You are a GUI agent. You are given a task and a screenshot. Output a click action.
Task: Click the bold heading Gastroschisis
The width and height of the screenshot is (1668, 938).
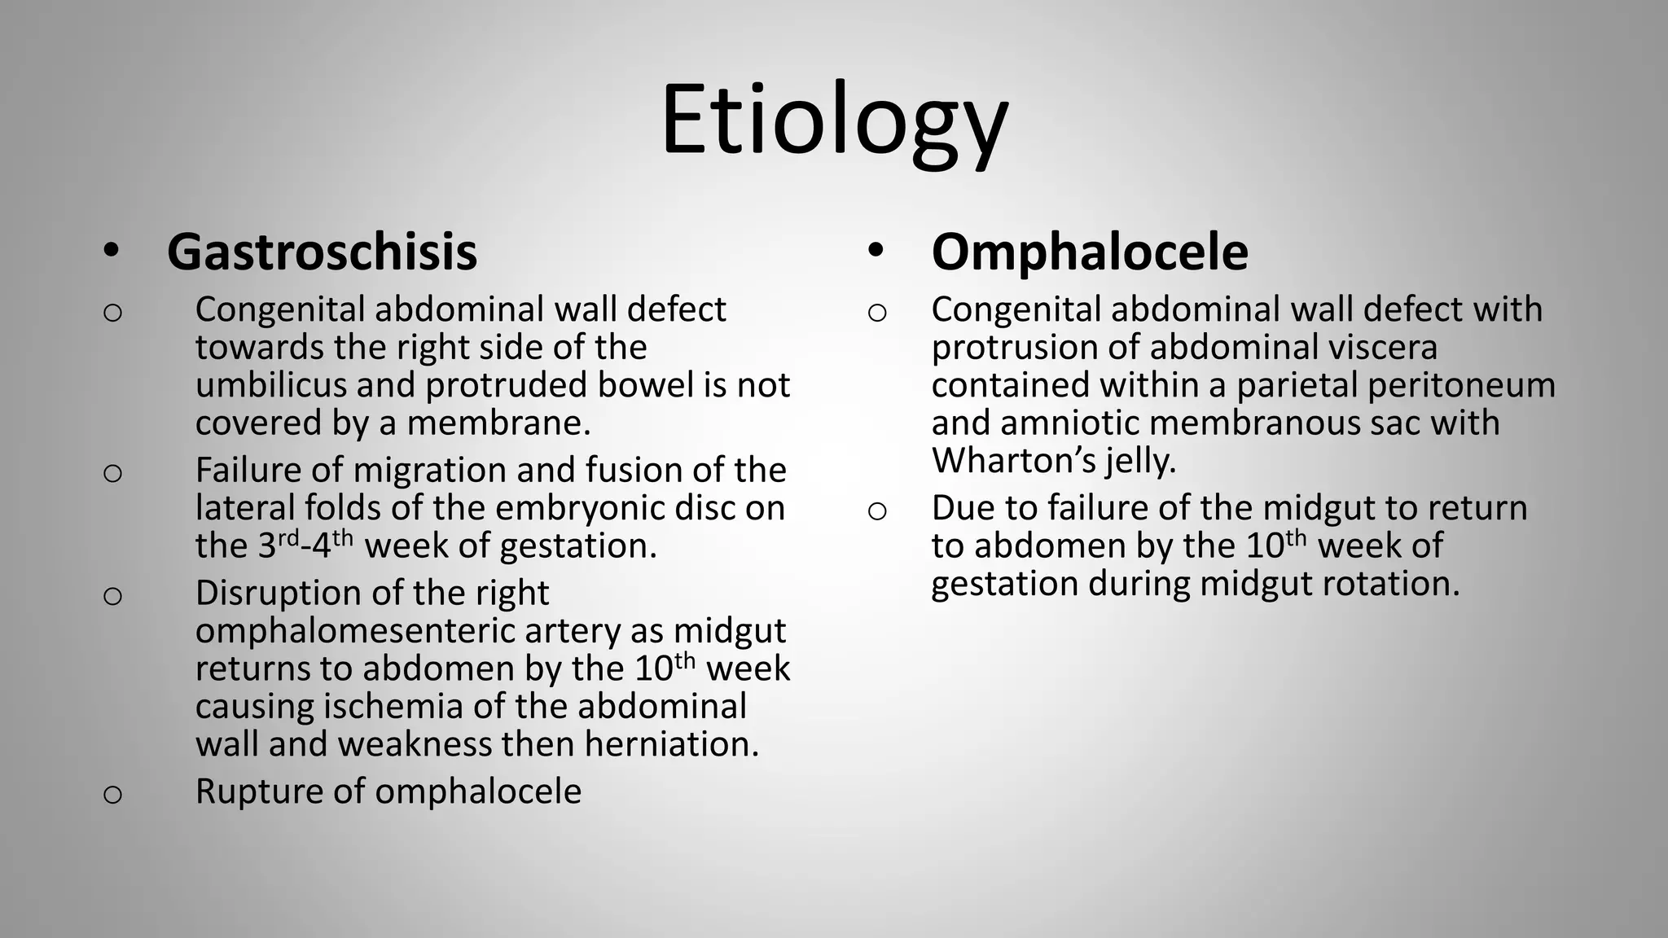coord(322,252)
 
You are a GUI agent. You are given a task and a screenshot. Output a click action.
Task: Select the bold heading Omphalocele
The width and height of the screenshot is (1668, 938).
coord(1089,252)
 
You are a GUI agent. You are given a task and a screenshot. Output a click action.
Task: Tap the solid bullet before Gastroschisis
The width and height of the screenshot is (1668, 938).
coord(112,252)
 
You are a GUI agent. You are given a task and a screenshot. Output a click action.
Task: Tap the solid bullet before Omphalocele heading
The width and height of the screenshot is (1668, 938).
coord(876,252)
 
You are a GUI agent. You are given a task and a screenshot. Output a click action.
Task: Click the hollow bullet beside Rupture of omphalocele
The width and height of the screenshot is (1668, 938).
coord(112,795)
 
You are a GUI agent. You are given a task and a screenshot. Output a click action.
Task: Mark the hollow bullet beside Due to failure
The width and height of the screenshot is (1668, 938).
coord(876,511)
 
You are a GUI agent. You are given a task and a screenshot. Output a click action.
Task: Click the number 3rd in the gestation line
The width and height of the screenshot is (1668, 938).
coord(279,544)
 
